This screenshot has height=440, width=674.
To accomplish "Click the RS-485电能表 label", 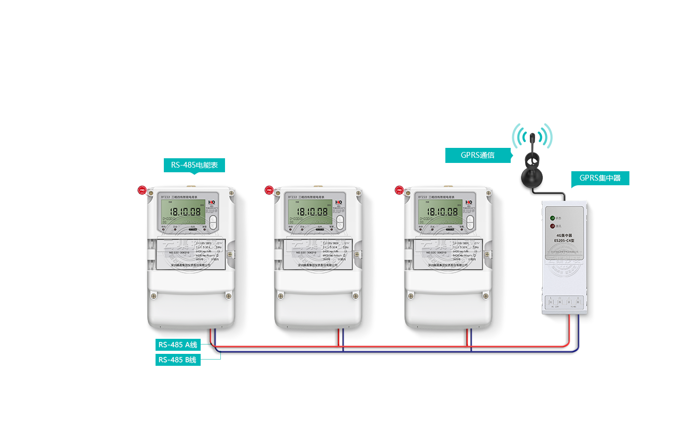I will click(194, 166).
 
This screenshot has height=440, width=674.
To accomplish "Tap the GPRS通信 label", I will click(478, 155).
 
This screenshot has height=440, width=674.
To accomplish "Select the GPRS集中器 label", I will click(600, 178).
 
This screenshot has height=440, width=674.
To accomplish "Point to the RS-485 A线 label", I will click(178, 345).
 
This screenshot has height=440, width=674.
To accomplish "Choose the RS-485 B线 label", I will click(177, 360).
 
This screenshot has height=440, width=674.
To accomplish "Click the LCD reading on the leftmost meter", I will click(186, 212).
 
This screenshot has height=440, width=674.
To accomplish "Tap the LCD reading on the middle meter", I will click(313, 212).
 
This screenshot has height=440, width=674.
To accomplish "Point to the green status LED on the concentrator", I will click(552, 218).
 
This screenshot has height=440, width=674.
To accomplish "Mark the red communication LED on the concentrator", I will click(552, 226).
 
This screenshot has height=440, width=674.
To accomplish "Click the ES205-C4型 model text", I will click(564, 240).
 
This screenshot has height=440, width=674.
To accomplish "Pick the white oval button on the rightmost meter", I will click(470, 222).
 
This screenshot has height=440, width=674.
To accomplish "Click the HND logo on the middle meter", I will click(339, 202).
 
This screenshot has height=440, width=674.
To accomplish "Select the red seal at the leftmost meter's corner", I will click(142, 190).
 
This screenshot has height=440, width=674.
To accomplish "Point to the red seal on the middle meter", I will click(269, 190).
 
